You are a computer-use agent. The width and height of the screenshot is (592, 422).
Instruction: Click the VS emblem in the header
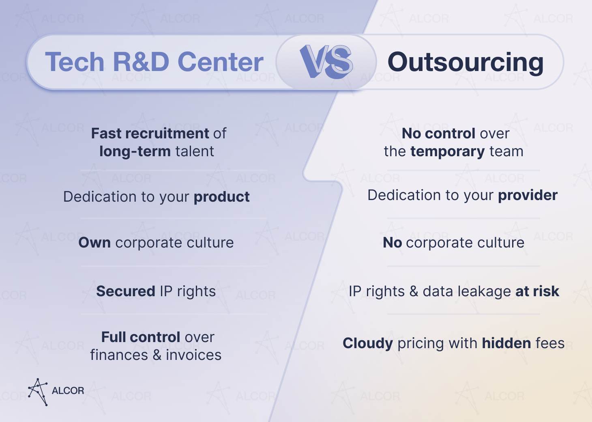coord(326,62)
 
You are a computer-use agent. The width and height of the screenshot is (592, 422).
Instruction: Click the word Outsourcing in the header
coord(465,62)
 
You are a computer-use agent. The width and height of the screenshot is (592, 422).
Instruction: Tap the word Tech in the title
coord(75,62)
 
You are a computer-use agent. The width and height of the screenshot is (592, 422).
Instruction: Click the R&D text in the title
coord(141,62)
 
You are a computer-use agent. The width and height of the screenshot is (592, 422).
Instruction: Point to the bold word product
coord(221,197)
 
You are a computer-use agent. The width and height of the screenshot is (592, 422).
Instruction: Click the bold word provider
coord(528,195)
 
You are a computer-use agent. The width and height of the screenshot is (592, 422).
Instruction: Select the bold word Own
coord(94,243)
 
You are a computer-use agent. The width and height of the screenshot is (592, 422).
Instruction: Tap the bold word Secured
coord(126,291)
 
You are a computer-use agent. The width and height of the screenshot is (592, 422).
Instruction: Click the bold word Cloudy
coord(367,343)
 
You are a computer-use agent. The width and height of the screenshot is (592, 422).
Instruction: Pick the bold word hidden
coord(506,343)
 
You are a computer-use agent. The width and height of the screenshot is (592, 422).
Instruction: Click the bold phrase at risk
coord(537,291)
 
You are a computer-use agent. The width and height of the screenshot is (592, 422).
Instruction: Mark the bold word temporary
coord(447,151)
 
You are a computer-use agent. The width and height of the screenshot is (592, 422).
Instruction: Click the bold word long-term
coord(135,151)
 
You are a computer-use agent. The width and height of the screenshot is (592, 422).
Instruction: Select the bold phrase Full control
coord(141,337)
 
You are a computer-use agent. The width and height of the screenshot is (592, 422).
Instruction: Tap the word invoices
coord(193,355)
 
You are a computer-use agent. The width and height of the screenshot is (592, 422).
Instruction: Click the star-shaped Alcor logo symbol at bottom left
coord(38,392)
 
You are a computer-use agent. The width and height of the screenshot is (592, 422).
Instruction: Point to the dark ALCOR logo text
coord(68,391)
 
